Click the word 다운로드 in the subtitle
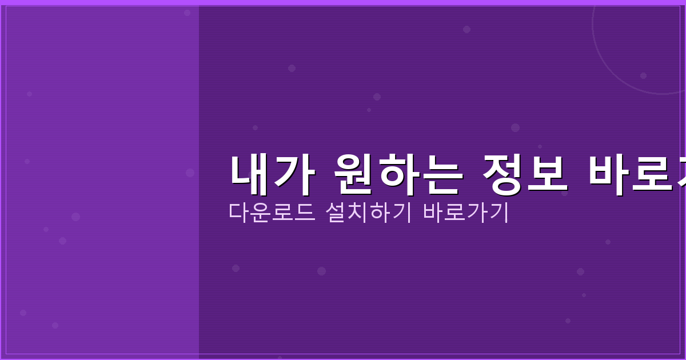coord(272,213)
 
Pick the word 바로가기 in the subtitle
coord(466,213)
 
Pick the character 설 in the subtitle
coord(336,213)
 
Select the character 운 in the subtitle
coord(261,213)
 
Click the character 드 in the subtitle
coord(304,213)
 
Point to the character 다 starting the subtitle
coord(239,213)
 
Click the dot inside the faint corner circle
coord(643,75)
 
